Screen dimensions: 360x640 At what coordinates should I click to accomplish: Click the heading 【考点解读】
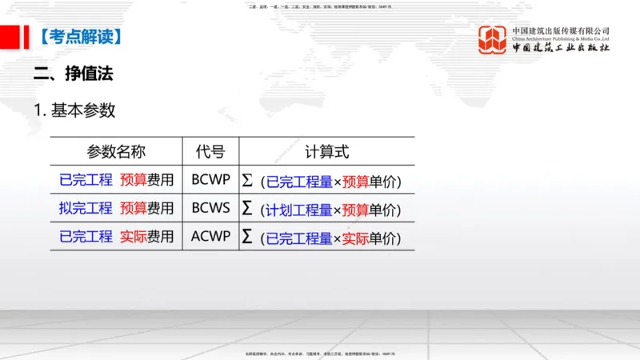[x=80, y=36]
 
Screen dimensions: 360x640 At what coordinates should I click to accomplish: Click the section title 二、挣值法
[x=73, y=74]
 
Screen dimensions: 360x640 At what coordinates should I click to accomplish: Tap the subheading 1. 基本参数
[x=74, y=110]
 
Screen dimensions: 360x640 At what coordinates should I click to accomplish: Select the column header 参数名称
[x=116, y=151]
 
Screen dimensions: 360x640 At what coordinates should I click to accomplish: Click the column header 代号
[x=210, y=151]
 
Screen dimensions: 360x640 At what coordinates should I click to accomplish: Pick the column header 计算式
[x=326, y=151]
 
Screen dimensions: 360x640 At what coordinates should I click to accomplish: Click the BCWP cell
[x=210, y=181]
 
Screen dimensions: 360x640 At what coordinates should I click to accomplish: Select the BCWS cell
[x=210, y=209]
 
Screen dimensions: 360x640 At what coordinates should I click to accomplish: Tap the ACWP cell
[x=210, y=237]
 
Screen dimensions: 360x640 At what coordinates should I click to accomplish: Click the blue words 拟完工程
[x=86, y=209]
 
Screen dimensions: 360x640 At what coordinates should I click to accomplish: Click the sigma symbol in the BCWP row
[x=247, y=181]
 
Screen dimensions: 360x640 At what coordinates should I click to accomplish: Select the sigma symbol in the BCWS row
[x=247, y=209]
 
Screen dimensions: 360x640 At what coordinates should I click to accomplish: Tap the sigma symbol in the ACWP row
[x=247, y=237]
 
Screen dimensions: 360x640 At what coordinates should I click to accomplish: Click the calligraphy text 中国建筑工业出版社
[x=561, y=47]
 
